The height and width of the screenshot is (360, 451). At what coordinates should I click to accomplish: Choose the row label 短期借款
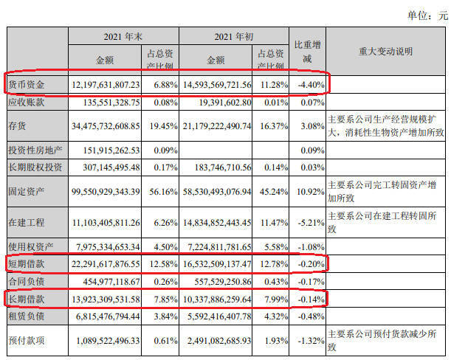[27, 263]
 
